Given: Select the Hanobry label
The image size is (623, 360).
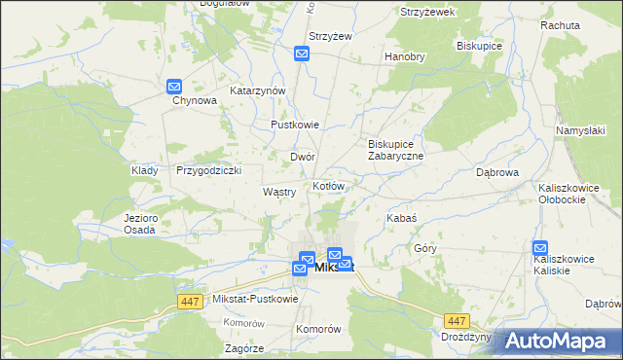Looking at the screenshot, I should pos(405,56).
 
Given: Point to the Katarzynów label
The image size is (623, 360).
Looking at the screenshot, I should pos(257,90).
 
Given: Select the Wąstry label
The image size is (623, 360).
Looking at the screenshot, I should pos(279,193).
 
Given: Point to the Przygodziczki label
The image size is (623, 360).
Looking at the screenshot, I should pos(208,169).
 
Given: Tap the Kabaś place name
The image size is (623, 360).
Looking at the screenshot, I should pos(402,219).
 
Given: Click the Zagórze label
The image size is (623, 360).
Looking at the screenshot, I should pos(243,347).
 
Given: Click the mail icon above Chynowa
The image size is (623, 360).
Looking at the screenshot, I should pos(174,86).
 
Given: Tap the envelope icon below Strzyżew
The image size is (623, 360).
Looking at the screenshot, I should pos(302,54).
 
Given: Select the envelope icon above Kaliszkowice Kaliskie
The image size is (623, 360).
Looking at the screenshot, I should pos(541,248).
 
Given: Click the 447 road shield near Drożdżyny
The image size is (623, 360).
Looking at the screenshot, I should pos(455,319).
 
